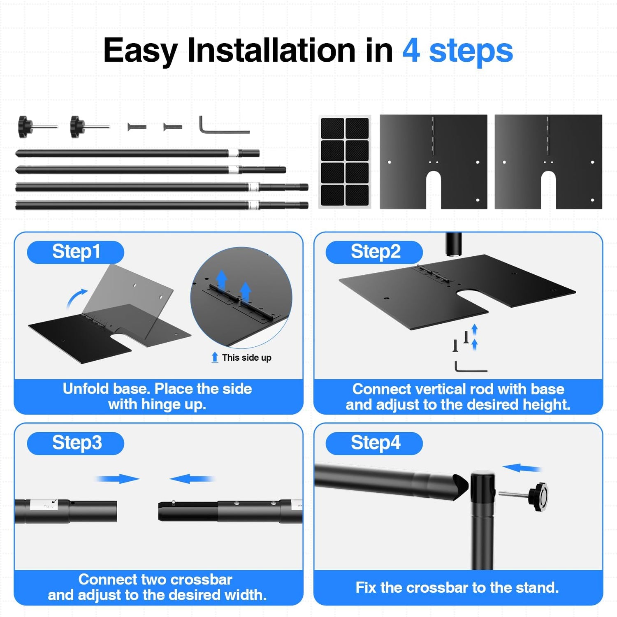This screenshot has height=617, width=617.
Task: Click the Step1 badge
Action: click(76, 252)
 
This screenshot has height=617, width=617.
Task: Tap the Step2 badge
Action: click(374, 252)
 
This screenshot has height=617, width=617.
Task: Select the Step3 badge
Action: click(76, 443)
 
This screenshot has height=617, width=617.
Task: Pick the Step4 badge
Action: click(374, 443)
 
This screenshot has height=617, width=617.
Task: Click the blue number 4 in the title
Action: click(411, 51)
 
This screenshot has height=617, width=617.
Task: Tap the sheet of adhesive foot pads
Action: click(345, 162)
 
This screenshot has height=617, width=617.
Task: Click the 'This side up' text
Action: click(246, 357)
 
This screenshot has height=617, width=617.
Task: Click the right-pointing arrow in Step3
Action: click(118, 479)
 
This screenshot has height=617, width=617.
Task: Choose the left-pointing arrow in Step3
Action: click(192, 479)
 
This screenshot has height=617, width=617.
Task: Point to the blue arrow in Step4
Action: click(522, 468)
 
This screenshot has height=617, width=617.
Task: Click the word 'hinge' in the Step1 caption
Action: click(161, 404)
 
